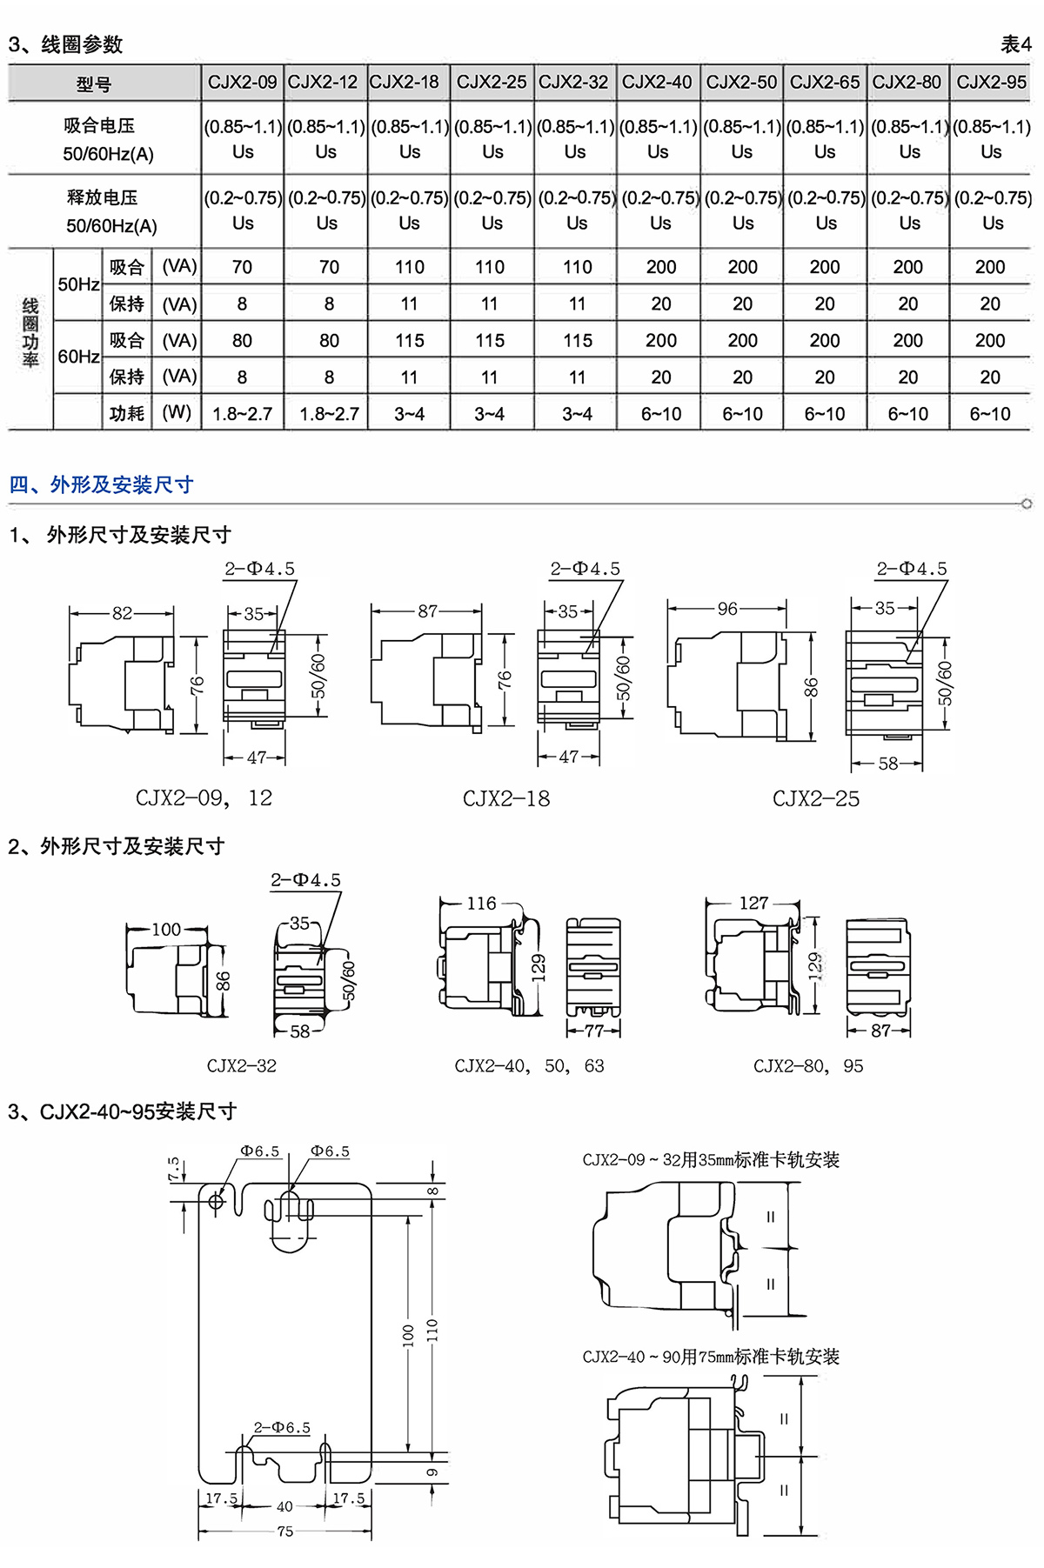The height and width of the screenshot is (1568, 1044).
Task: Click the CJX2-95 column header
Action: (991, 83)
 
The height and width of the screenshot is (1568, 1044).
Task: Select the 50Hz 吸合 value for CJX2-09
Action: (242, 267)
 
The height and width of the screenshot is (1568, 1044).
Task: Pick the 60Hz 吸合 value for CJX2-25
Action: (490, 340)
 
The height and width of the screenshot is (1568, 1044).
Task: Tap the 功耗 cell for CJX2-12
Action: (329, 414)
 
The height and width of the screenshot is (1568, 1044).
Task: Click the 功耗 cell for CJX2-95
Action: (990, 414)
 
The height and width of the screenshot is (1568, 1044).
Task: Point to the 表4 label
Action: (1015, 43)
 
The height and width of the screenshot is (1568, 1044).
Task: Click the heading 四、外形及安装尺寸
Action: (101, 484)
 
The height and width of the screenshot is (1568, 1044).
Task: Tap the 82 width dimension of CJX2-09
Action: (122, 613)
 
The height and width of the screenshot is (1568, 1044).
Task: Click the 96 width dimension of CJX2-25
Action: (727, 609)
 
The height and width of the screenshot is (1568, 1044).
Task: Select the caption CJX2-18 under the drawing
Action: (506, 798)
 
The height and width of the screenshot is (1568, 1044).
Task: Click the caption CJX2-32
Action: (242, 1065)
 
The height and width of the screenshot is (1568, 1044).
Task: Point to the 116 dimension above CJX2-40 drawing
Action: (481, 904)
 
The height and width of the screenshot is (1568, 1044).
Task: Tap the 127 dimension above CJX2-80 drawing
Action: (753, 903)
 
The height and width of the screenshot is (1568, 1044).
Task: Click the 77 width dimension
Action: (594, 1031)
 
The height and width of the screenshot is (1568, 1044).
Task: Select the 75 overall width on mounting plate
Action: (285, 1531)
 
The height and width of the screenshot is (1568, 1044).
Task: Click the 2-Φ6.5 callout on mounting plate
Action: (282, 1427)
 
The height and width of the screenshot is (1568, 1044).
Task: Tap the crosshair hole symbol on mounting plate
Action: (217, 1201)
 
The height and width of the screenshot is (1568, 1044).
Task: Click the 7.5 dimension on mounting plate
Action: (174, 1169)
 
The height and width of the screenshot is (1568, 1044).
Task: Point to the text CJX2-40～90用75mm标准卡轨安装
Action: (711, 1357)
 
